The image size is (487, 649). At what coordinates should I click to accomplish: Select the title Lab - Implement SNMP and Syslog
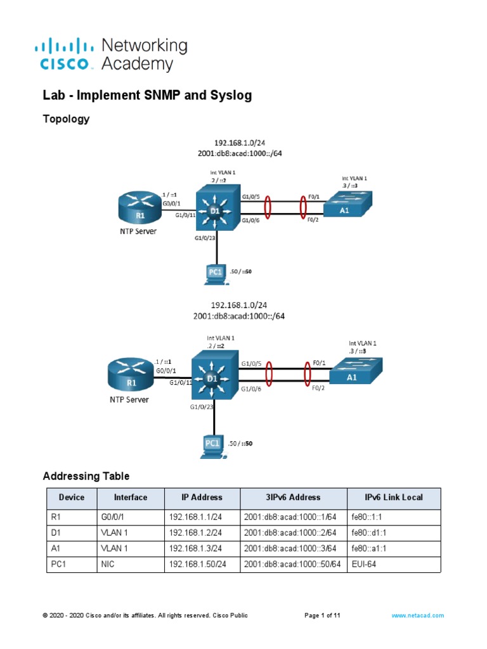[x=147, y=95]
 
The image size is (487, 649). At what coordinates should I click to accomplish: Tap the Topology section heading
[x=66, y=119]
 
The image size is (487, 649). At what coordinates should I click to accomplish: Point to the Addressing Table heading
[x=86, y=476]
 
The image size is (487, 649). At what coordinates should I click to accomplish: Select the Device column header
[x=72, y=498]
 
